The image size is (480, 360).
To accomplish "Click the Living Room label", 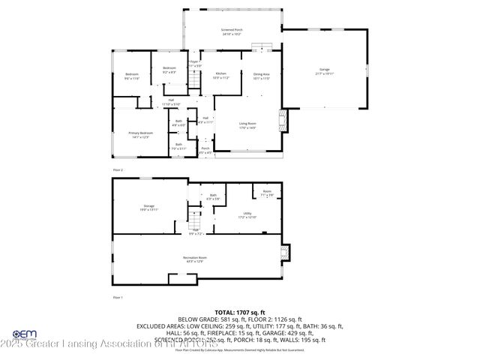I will [247, 125].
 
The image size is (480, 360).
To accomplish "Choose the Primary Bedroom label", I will [139, 135].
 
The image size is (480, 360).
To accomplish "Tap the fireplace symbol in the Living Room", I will [283, 120].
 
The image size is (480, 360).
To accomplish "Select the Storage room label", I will [148, 208].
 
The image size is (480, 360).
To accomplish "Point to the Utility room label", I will [250, 214].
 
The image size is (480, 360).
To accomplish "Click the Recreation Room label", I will [195, 259].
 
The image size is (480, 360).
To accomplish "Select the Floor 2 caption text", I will [118, 170].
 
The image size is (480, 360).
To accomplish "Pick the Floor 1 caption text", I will [117, 298].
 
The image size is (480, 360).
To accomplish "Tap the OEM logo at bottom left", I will [24, 335].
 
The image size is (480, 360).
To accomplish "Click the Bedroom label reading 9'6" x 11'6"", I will [132, 76].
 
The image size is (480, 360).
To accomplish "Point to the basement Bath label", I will [213, 197].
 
